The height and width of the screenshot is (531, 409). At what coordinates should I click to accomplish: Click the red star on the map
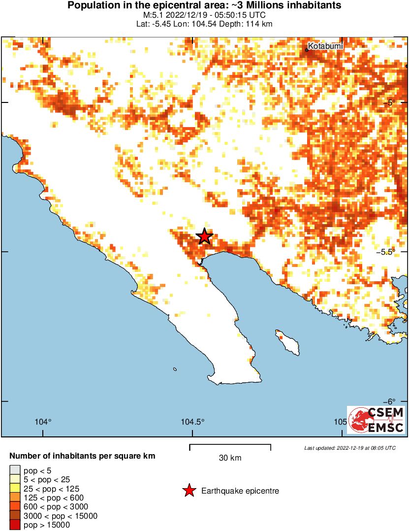(x=204, y=236)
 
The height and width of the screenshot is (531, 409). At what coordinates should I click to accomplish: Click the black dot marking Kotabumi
(x=307, y=49)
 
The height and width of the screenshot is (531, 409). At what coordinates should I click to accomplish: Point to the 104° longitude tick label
(x=43, y=422)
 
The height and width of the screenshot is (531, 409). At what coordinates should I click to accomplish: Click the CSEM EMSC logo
(x=377, y=420)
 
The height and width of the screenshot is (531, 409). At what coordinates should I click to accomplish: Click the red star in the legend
(x=189, y=491)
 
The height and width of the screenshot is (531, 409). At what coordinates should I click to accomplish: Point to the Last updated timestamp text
(x=349, y=448)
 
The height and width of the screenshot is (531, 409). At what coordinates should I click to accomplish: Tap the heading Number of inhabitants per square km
(x=82, y=456)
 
